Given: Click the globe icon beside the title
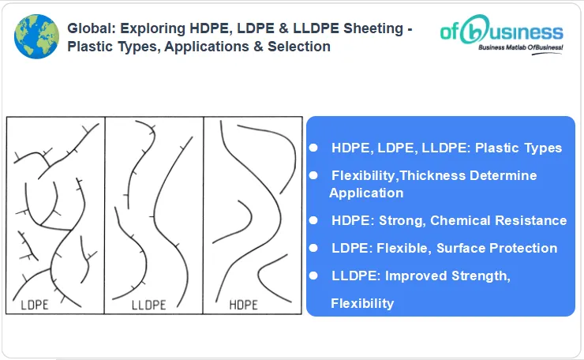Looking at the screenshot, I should pos(36,36).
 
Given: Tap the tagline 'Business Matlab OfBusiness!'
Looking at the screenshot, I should pos(521,48).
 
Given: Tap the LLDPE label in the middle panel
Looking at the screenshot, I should pos(148,303).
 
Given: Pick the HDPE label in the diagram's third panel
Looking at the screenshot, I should pos(245,303).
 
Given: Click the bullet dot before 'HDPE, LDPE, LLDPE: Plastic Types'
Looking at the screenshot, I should pos(313,148).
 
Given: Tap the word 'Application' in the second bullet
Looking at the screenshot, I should pos(366,193).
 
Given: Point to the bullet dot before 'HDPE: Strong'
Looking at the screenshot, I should pos(313,220).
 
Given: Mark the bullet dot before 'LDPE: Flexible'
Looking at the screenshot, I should pos(313,248).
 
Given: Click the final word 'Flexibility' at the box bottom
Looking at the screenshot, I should pos(362,303).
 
